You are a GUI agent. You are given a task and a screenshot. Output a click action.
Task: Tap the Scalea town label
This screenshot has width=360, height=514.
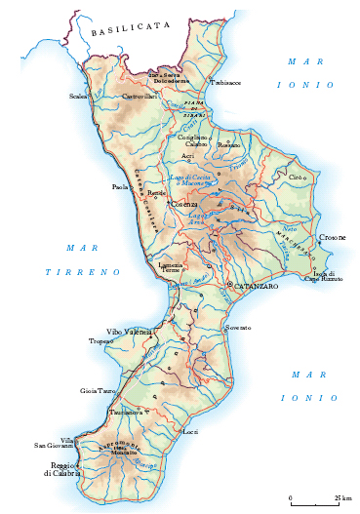pos(78,97)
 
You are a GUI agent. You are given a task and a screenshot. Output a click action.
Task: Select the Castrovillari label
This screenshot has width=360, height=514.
pos(140,97)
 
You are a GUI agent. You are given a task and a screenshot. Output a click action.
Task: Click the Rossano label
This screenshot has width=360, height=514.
pos(228,145)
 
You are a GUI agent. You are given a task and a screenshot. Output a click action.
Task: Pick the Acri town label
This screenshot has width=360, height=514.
pos(187,156)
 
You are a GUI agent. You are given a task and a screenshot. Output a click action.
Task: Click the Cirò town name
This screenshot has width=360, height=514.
pos(299,178)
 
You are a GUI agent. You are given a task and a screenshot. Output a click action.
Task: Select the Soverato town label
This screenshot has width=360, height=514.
pos(238,328)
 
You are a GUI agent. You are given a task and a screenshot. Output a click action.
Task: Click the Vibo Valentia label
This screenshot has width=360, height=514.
pos(129,333)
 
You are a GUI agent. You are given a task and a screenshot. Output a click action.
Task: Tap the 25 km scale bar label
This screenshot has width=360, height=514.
pos(342,498)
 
